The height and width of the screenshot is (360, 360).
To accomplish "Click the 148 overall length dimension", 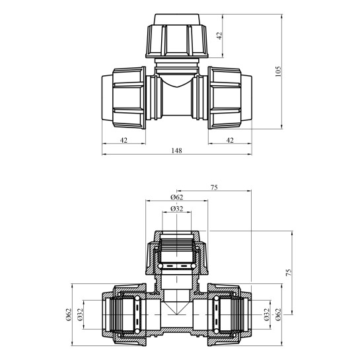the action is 176,151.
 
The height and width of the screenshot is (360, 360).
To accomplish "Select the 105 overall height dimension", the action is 278,71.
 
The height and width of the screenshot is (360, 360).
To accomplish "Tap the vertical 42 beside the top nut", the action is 219,36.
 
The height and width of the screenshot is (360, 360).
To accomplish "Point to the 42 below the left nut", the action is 124,140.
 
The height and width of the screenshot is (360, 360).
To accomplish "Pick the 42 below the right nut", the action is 230,140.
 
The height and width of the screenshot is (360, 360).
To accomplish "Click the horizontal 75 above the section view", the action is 214,188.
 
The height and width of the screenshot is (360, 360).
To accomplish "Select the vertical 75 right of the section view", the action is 289,273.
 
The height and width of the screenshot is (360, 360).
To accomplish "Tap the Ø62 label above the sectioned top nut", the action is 177,198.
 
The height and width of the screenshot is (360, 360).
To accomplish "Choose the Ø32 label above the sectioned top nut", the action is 177,209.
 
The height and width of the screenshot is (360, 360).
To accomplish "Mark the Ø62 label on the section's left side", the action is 69,315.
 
